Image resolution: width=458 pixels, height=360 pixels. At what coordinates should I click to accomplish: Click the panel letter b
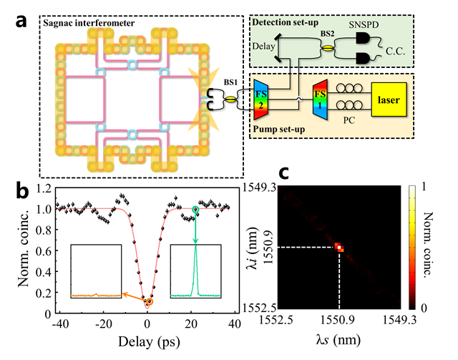(24, 191)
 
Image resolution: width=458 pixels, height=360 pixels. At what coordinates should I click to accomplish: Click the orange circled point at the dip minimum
(148, 302)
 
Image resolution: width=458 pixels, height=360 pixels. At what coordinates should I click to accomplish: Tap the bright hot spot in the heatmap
(338, 248)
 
